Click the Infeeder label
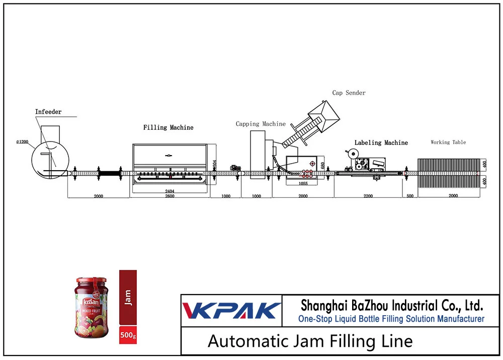48,112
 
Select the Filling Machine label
168,127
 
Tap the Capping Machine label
261,124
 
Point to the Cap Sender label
349,93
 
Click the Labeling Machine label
381,143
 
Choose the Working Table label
448,142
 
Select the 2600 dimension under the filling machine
169,196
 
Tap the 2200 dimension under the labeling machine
368,196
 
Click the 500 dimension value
410,196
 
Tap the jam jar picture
92,308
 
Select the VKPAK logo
231,310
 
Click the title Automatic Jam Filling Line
310,342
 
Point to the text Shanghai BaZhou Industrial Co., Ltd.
391,305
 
